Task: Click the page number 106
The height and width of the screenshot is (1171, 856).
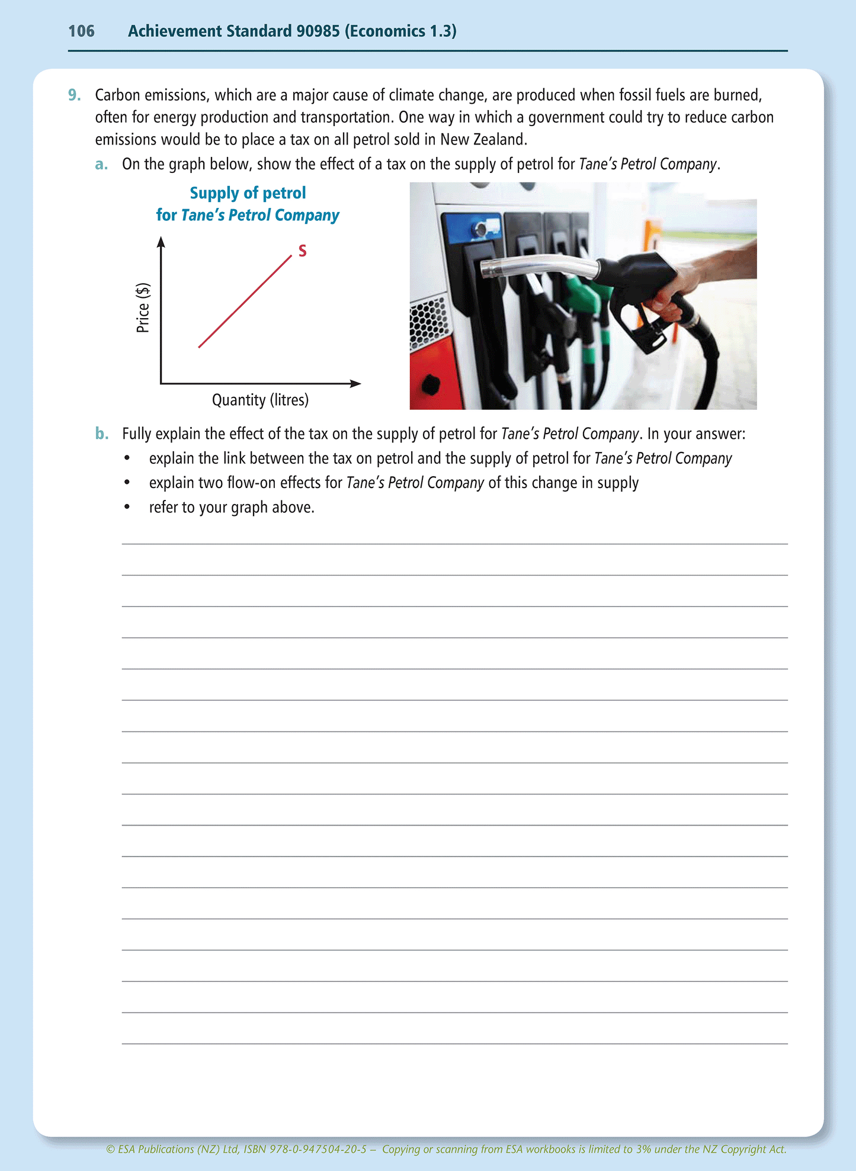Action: pyautogui.click(x=81, y=31)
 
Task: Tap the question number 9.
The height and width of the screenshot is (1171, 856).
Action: pyautogui.click(x=75, y=95)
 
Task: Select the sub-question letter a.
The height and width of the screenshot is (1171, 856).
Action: pyautogui.click(x=101, y=164)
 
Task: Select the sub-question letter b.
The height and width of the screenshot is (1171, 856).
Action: pyautogui.click(x=102, y=434)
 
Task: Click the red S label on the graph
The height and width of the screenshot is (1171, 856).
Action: pyautogui.click(x=302, y=251)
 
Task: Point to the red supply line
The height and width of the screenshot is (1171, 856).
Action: pyautogui.click(x=245, y=301)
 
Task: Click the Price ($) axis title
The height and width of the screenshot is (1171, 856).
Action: pyautogui.click(x=143, y=308)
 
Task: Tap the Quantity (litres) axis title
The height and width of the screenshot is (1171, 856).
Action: pyautogui.click(x=260, y=400)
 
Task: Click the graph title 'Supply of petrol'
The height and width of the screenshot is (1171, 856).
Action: pyautogui.click(x=248, y=193)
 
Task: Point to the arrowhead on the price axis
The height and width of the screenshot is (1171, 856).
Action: pyautogui.click(x=161, y=241)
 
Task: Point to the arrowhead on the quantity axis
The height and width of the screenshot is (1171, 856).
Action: pyautogui.click(x=355, y=384)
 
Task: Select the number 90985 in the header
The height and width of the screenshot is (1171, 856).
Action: pyautogui.click(x=318, y=31)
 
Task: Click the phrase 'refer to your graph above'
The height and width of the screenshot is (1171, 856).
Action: pyautogui.click(x=231, y=508)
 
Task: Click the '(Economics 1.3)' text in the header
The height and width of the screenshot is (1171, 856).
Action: pyautogui.click(x=400, y=31)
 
